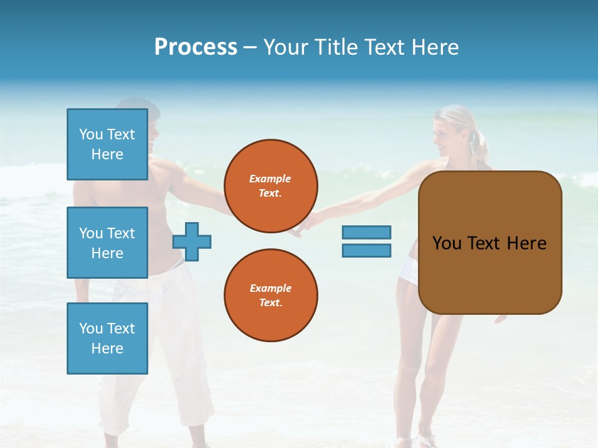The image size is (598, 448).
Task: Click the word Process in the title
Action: coord(196,47)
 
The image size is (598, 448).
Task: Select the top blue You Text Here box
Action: coord(107,144)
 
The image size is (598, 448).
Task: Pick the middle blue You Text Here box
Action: coord(107,243)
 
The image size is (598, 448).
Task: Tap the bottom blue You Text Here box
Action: coord(107,338)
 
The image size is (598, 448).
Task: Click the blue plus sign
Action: coord(192,241)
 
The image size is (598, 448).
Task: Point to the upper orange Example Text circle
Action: coord(270,186)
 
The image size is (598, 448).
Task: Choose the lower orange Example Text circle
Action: coord(270,296)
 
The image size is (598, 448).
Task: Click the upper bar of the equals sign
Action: coord(366,232)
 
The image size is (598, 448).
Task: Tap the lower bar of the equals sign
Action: coord(366,251)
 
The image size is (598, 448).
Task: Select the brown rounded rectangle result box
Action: coord(490,243)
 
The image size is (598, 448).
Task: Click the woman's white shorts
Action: coord(409,271)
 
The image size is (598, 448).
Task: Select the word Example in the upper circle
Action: coord(270,179)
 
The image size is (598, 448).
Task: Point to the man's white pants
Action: coord(162,348)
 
